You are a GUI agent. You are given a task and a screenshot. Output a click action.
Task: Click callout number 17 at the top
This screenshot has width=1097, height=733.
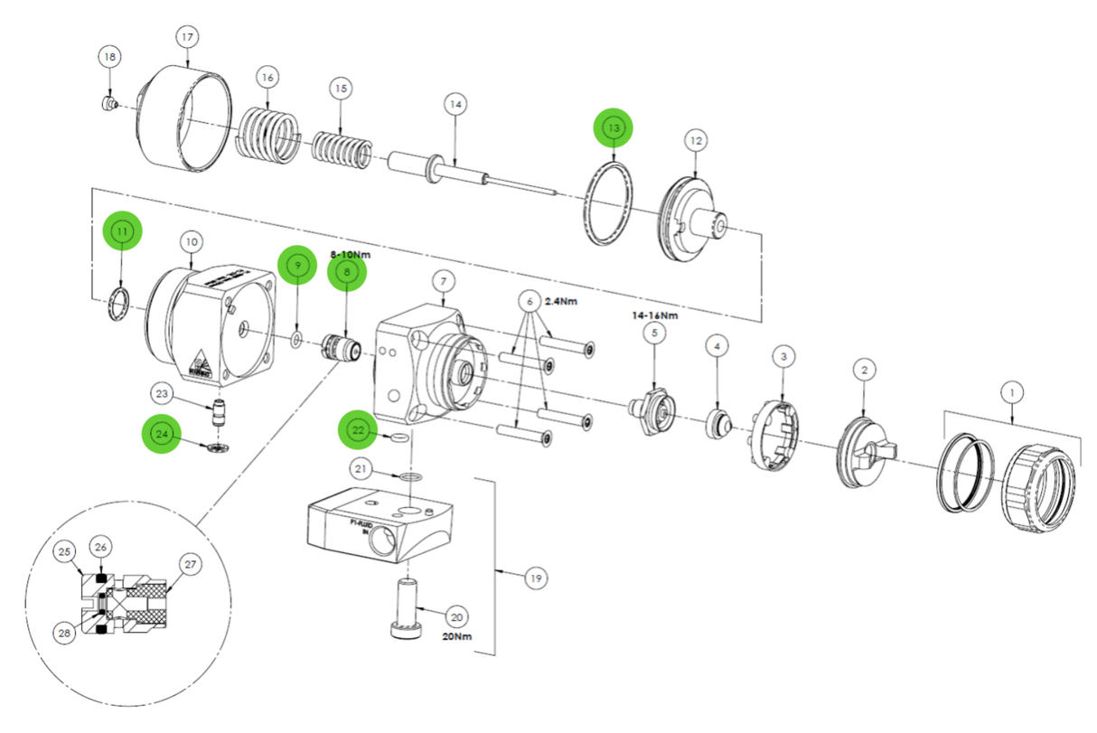(x=187, y=39)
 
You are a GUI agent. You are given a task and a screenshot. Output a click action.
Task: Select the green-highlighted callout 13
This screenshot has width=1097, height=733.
(x=614, y=129)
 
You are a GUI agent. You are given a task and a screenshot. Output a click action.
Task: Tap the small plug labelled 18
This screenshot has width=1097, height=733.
(x=108, y=104)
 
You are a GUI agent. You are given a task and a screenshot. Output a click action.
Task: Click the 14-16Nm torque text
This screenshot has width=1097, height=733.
(x=656, y=315)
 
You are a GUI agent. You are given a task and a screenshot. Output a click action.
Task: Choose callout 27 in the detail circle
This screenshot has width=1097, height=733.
(x=190, y=565)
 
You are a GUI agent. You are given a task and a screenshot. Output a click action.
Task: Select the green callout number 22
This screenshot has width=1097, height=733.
(x=359, y=431)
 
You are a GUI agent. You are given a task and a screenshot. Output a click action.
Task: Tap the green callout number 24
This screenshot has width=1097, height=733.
(x=162, y=434)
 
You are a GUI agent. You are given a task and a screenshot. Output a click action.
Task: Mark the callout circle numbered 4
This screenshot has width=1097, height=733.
(x=717, y=345)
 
